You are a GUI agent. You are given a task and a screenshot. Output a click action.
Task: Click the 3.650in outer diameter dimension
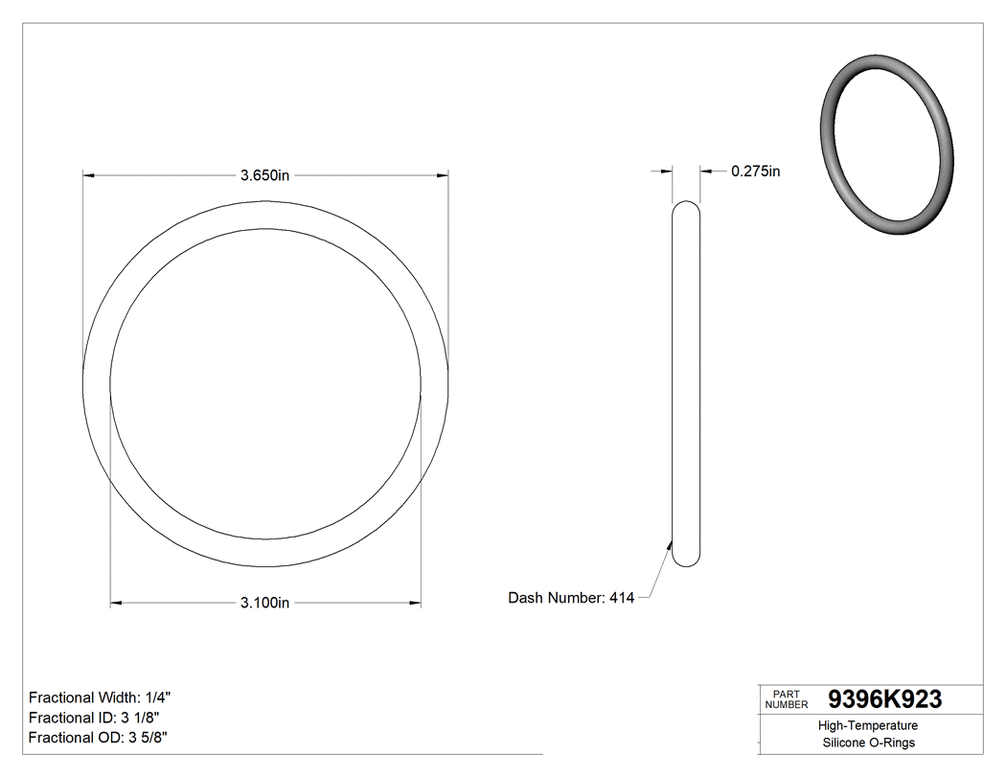[265, 174]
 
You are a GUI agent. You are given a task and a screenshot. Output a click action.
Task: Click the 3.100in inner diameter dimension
[265, 603]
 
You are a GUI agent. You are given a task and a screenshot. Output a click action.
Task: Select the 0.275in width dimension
[755, 171]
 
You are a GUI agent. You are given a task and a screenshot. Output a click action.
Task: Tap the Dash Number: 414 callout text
[571, 598]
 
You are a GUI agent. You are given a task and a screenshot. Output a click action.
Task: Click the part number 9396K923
[884, 699]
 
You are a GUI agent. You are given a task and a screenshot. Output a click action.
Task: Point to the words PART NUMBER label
[787, 699]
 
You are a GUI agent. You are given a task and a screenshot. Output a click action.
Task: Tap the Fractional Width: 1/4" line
[101, 697]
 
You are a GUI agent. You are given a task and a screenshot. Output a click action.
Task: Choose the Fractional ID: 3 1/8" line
[95, 718]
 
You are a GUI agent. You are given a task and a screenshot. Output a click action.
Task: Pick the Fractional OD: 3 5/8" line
[99, 737]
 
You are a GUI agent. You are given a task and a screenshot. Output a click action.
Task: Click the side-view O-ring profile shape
[686, 383]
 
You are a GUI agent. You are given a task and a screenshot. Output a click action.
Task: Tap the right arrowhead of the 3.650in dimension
[443, 174]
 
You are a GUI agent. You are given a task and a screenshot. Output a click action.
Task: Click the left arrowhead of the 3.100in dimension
[117, 603]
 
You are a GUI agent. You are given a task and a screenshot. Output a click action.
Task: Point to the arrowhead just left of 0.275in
[706, 171]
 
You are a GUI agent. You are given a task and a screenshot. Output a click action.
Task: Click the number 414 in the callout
[622, 598]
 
